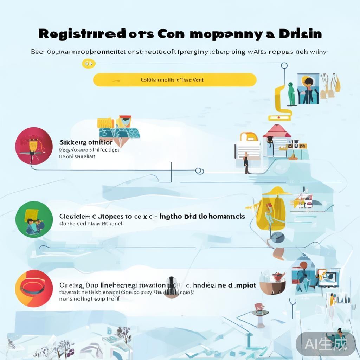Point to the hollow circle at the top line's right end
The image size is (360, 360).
pyautogui.click(x=284, y=65)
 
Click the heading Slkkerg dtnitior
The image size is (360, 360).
pyautogui.click(x=86, y=143)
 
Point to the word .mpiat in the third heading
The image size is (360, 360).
pyautogui.click(x=242, y=285)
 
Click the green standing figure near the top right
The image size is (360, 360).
pyautogui.click(x=291, y=94)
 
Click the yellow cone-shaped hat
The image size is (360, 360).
pyautogui.click(x=276, y=191)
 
